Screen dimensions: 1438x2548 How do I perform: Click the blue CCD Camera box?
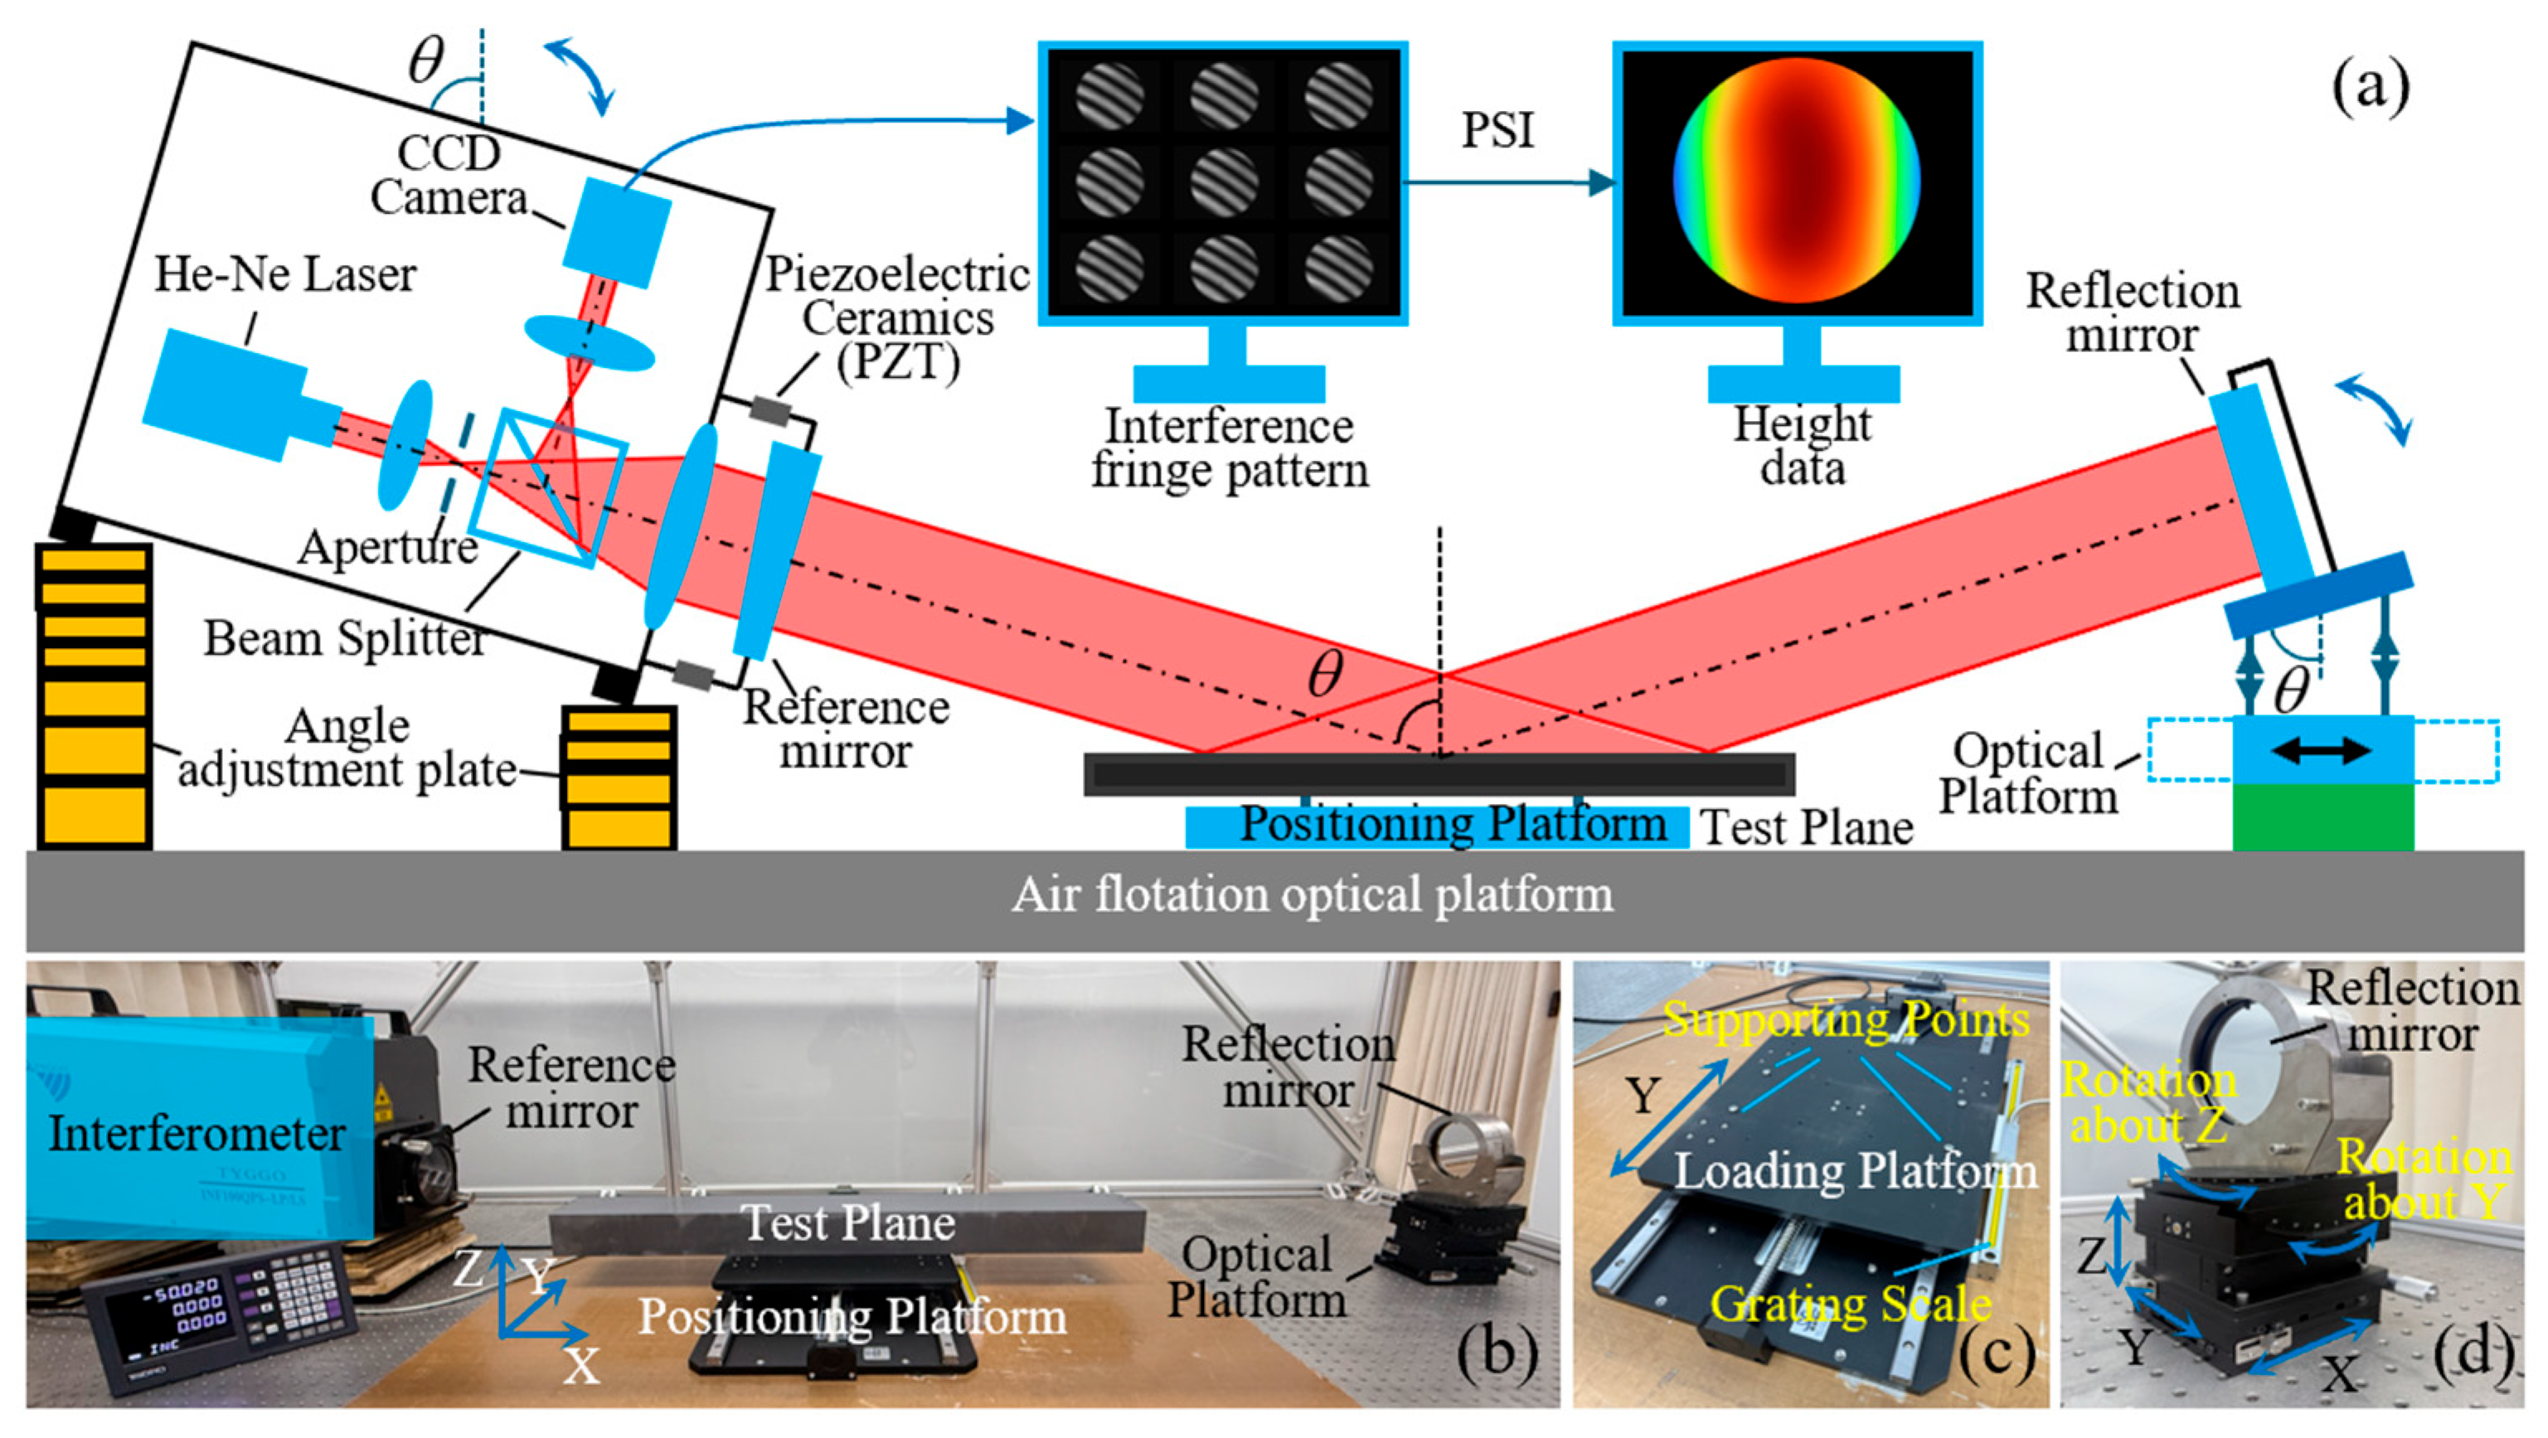617,234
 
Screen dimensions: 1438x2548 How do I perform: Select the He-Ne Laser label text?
285,274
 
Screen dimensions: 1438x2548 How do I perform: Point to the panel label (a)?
2371,89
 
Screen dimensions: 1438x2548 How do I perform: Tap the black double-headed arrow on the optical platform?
2322,751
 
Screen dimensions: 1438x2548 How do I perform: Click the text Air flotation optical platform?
1312,895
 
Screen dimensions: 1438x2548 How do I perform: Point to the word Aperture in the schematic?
388,547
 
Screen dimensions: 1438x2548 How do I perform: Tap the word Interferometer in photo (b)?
196,1133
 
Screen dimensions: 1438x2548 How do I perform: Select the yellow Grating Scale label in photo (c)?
1851,1305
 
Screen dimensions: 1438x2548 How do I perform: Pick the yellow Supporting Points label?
1846,1019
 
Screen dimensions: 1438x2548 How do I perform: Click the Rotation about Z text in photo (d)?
2148,1102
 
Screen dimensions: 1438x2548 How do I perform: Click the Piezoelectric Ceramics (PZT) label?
898,317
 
